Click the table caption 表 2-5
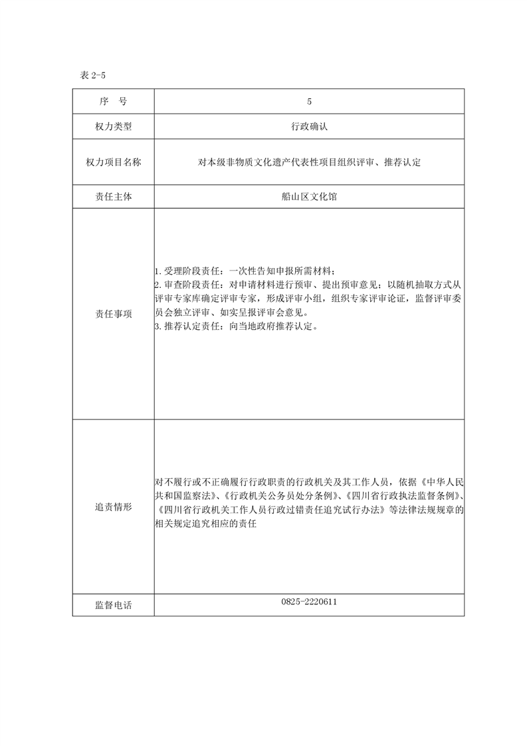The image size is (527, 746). (93, 75)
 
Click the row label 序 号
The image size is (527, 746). (113, 101)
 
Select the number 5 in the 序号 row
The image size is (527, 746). (309, 101)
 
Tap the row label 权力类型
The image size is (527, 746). (113, 126)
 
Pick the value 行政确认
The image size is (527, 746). (309, 126)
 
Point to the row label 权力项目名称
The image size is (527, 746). (113, 162)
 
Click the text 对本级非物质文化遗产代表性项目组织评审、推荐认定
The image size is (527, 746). (309, 162)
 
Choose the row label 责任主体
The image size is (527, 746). (113, 197)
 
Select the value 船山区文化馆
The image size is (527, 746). (309, 197)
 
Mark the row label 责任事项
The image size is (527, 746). (113, 314)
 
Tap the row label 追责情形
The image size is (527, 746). (113, 507)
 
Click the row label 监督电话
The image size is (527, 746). (113, 605)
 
